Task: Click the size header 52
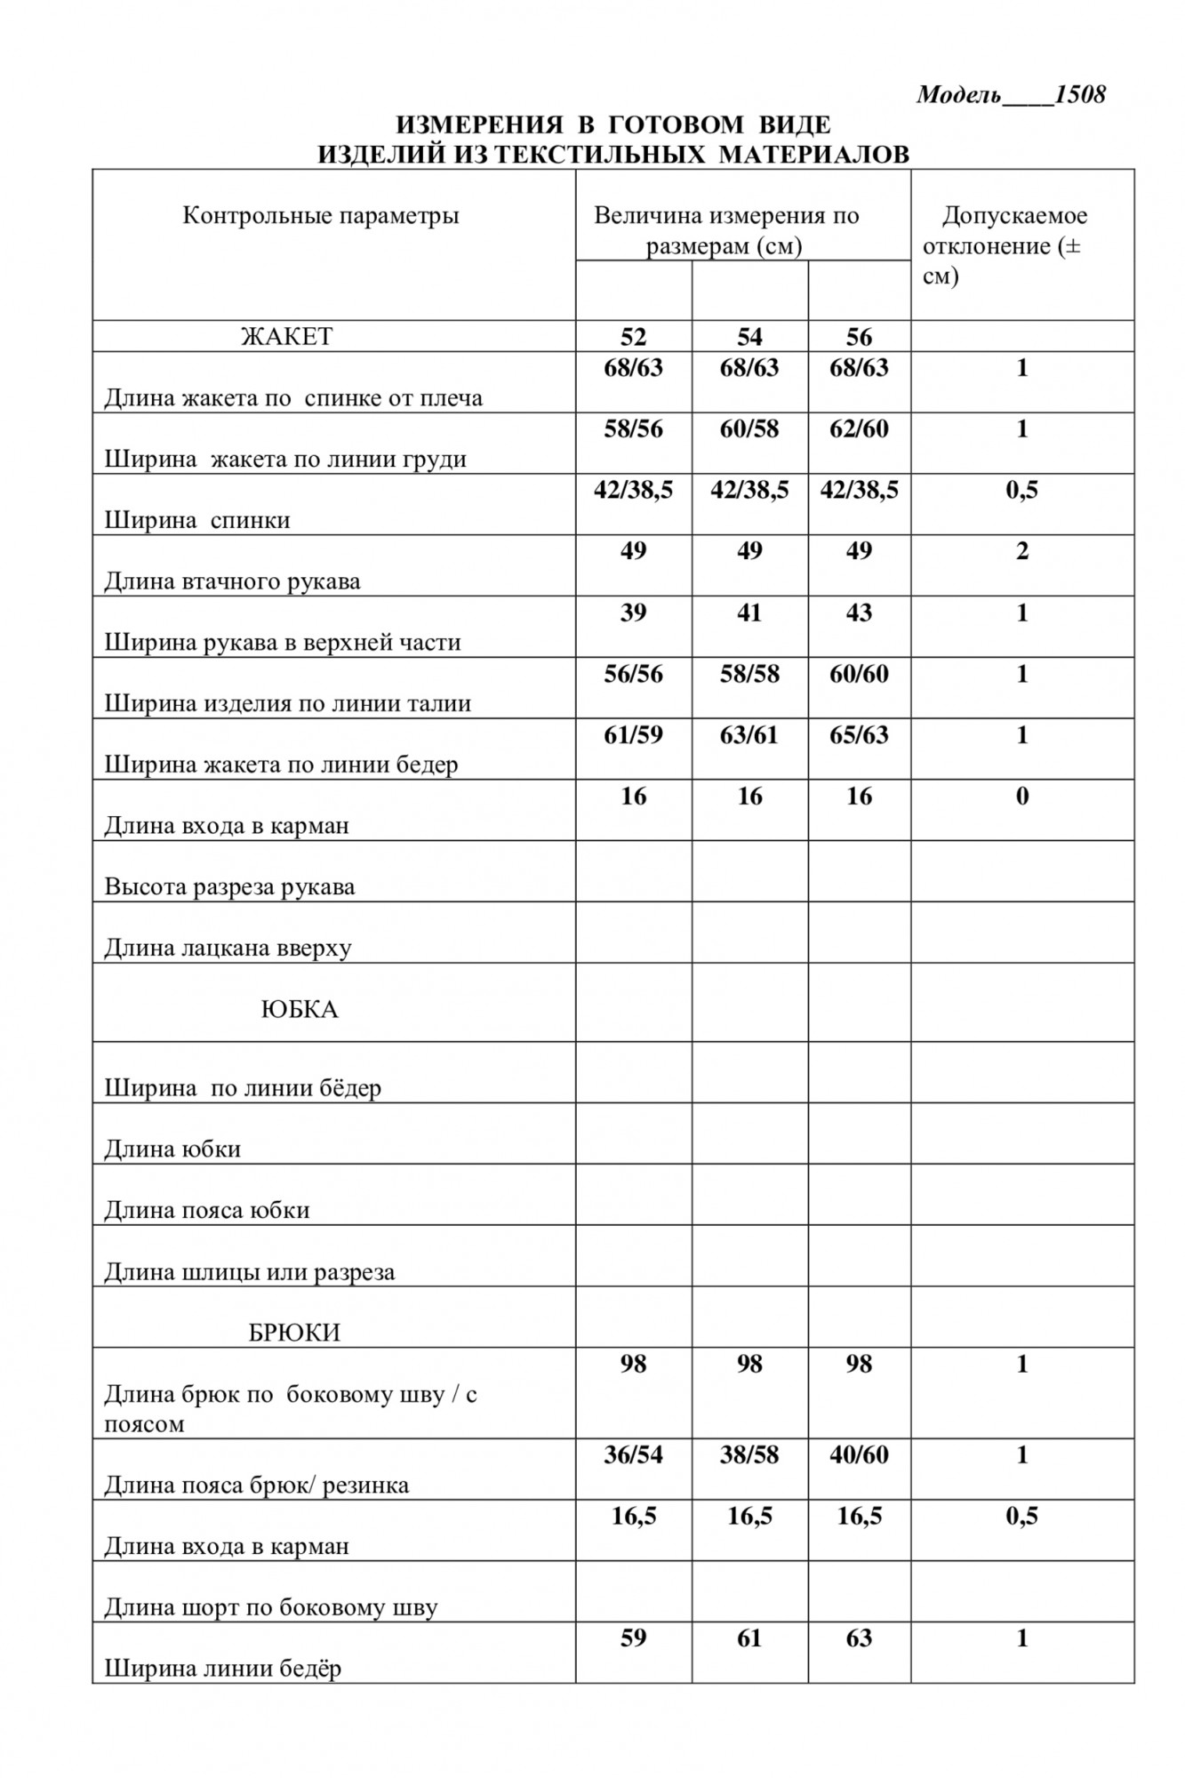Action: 633,337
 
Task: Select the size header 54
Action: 749,337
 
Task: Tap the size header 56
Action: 859,337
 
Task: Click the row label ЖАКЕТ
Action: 287,337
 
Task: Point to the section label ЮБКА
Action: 300,1010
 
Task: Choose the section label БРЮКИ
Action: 294,1333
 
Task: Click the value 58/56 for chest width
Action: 633,429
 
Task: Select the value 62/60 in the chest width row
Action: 859,429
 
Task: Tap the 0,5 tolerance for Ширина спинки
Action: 1021,490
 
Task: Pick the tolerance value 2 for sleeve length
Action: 1021,551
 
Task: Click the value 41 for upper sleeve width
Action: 749,613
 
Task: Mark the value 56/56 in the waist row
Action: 633,674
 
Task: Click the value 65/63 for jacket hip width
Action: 859,735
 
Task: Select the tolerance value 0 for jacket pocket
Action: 1021,797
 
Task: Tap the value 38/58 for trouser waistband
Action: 749,1455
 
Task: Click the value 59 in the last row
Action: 633,1638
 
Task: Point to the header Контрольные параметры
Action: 321,216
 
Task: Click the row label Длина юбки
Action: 172,1149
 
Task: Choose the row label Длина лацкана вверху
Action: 228,948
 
